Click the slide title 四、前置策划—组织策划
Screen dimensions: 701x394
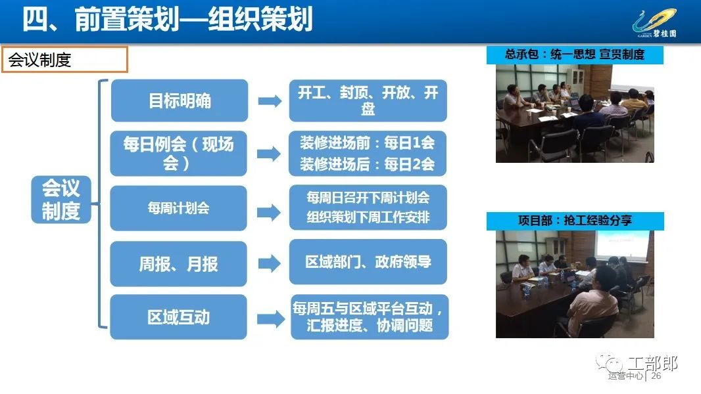click(167, 20)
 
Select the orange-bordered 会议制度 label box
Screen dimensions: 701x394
click(65, 59)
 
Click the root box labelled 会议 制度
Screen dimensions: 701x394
click(60, 200)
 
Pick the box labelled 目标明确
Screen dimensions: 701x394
click(180, 100)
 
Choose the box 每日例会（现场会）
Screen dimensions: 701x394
click(178, 154)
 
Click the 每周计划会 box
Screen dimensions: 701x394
click(178, 208)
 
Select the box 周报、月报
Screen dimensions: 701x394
click(178, 264)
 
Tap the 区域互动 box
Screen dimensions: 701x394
click(178, 317)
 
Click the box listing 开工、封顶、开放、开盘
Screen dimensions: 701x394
click(368, 100)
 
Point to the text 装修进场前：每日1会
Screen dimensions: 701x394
click(367, 143)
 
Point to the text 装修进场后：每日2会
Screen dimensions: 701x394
click(367, 164)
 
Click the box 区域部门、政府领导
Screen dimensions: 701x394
click(368, 262)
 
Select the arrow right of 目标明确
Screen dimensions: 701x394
click(270, 101)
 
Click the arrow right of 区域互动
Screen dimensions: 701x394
click(270, 319)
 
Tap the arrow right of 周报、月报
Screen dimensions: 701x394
click(269, 264)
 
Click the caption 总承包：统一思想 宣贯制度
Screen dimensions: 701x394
click(575, 55)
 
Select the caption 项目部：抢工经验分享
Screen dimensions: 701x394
click(575, 221)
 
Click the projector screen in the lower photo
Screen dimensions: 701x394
click(622, 244)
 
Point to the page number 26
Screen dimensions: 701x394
click(656, 376)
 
